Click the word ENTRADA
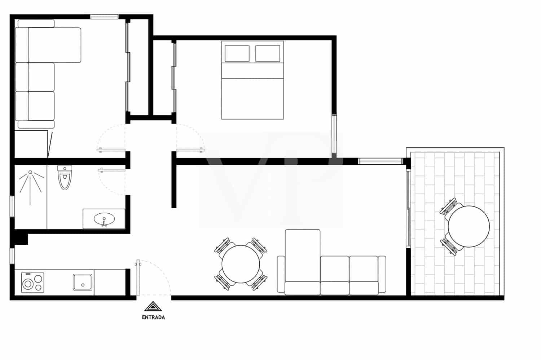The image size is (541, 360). [x=153, y=317]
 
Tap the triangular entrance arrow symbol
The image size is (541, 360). [x=153, y=306]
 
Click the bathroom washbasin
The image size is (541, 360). [x=104, y=219]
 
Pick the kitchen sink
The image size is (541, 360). [x=83, y=282]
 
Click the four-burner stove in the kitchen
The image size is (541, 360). [x=32, y=282]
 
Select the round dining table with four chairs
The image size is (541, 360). [x=241, y=264]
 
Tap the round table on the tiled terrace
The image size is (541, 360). [x=469, y=226]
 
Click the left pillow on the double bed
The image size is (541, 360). [x=237, y=53]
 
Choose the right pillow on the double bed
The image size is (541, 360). [x=268, y=53]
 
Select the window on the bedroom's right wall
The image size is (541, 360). [x=334, y=133]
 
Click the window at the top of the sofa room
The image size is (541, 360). [x=104, y=16]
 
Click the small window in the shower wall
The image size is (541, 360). [x=12, y=206]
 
